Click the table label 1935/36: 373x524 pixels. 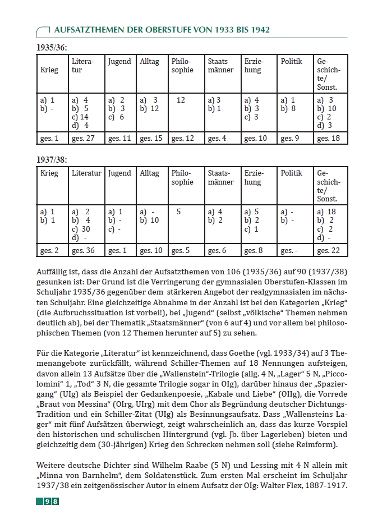52,47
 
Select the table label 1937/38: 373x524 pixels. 52,160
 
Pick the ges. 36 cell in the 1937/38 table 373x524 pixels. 85,250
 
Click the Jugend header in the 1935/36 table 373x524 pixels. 119,62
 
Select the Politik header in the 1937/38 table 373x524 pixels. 292,174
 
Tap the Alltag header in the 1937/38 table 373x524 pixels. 149,174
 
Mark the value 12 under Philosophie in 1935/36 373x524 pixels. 181,100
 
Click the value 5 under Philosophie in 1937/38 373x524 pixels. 178,212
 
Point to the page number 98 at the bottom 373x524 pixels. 52,501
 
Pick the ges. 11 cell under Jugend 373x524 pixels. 119,138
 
